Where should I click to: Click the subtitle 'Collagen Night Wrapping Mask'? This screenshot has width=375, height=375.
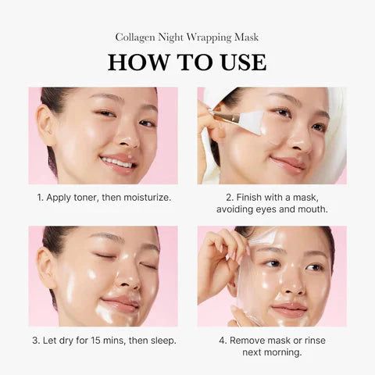coord(187,37)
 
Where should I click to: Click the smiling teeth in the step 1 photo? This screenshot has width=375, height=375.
coord(117,162)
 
